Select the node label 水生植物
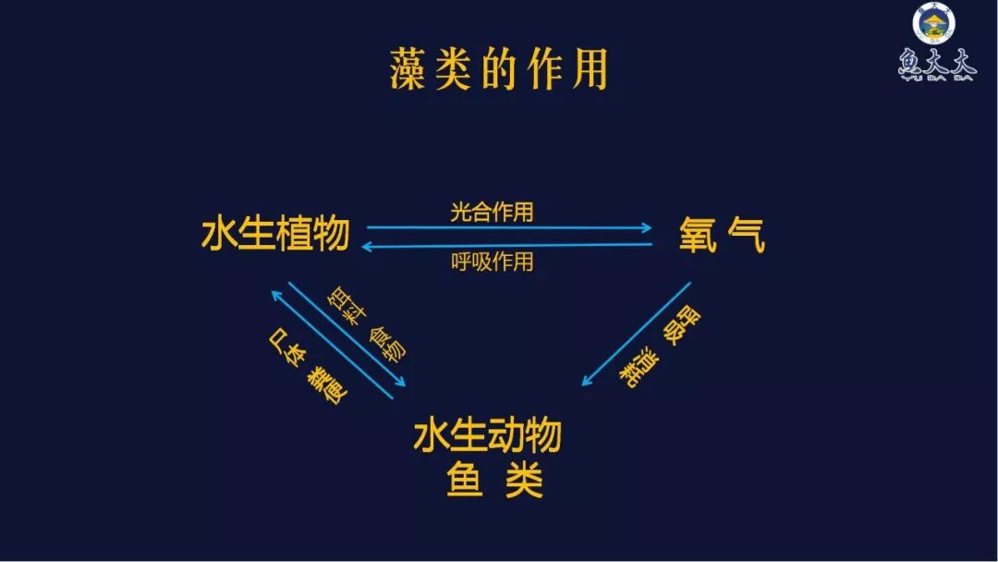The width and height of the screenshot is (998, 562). pos(275,235)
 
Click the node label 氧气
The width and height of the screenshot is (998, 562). pos(722,236)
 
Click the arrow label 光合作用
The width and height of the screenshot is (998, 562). pos(492,212)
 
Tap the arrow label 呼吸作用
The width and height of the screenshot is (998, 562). pos(492,262)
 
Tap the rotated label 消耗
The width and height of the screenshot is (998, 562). pos(638,367)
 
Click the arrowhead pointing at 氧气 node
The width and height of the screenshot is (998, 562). pos(646,227)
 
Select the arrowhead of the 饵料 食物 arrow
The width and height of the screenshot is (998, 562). pos(400,382)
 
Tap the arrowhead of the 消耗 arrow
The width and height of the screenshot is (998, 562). pos(586,383)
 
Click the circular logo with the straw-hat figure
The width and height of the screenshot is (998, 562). pos(934,25)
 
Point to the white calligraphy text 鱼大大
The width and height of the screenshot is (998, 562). pos(934,65)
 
